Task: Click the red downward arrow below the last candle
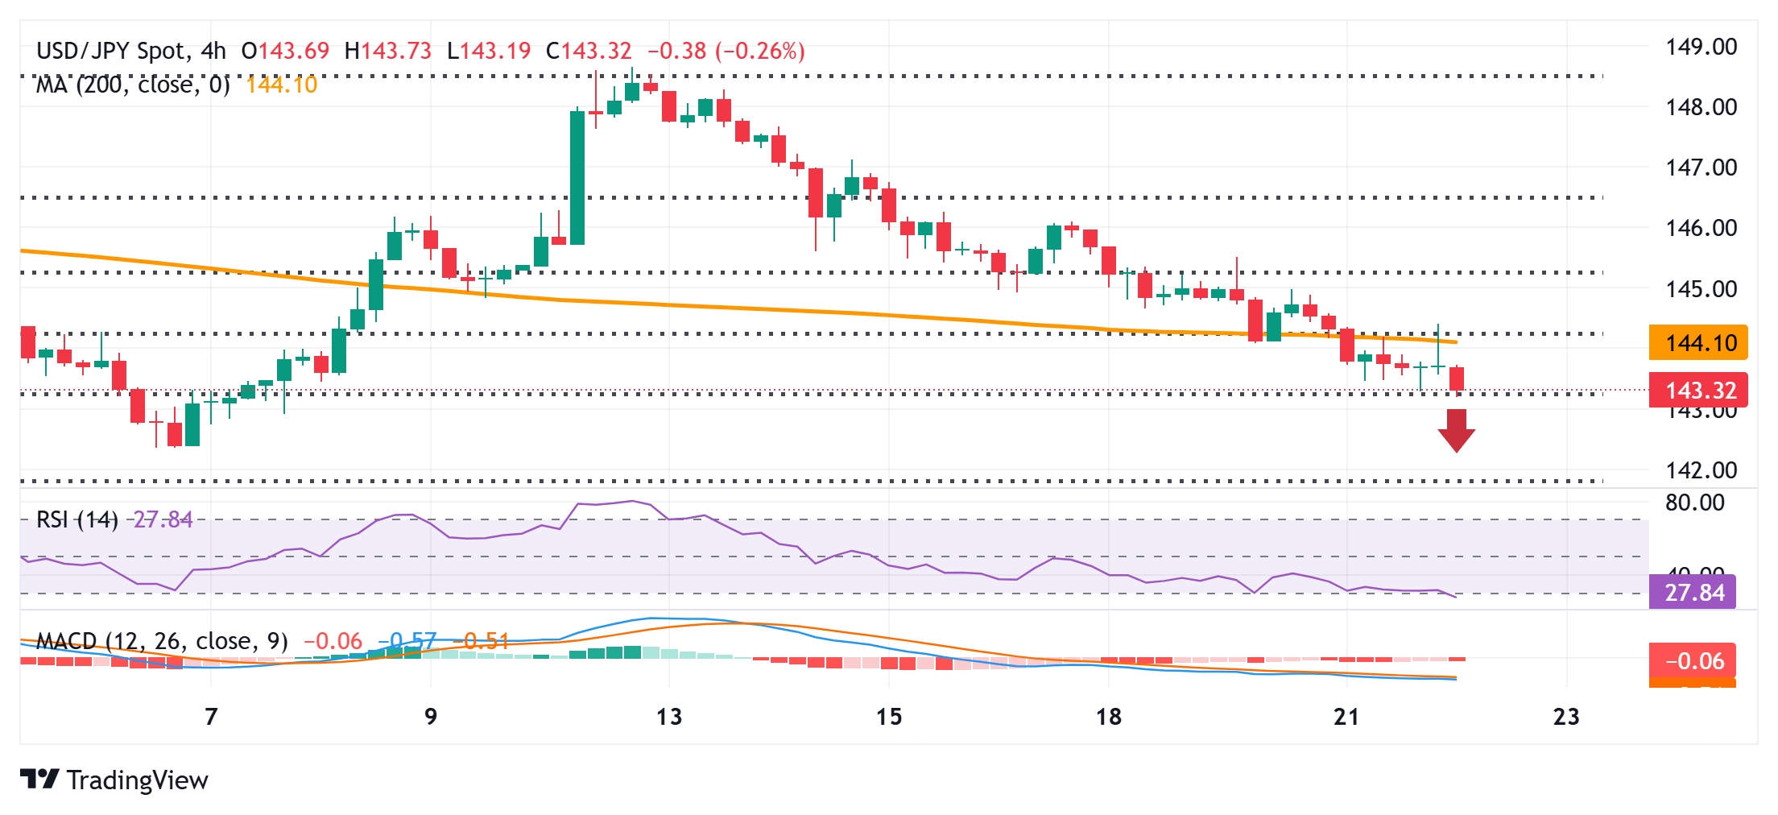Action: tap(1456, 430)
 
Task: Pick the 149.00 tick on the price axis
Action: tap(1701, 47)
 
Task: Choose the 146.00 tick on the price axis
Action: tap(1701, 228)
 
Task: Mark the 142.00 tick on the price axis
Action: tap(1701, 470)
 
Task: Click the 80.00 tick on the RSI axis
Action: tap(1694, 503)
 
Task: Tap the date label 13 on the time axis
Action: tap(668, 716)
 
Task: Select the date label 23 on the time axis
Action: tap(1565, 716)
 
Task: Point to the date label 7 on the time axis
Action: tap(211, 716)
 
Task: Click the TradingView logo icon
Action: tap(39, 779)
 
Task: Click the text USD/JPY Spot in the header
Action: tap(111, 51)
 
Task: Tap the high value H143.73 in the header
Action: tap(387, 51)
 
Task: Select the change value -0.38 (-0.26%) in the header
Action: tap(726, 51)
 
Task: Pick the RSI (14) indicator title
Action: tap(77, 519)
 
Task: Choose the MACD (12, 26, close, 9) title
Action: tap(162, 641)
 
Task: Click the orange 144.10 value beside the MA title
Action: tap(281, 85)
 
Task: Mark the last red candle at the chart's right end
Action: tap(1456, 379)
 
